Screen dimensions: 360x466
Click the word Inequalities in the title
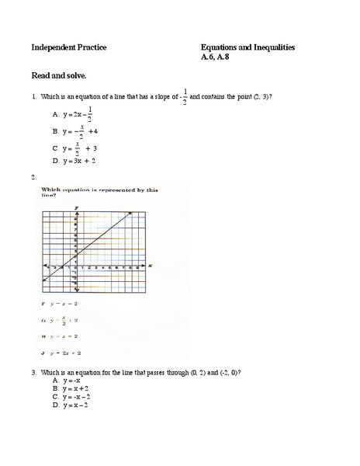pyautogui.click(x=268, y=48)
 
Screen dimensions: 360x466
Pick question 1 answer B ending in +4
pyautogui.click(x=76, y=131)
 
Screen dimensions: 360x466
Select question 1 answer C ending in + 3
pyautogui.click(x=76, y=148)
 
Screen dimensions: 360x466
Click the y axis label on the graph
pyautogui.click(x=76, y=208)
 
